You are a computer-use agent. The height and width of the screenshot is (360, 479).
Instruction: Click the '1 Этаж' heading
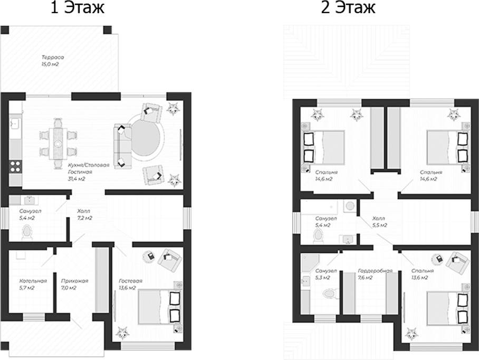point(78,7)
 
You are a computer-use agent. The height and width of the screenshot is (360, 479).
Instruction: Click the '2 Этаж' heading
point(348,7)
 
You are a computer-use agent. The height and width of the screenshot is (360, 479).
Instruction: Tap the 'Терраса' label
point(53,57)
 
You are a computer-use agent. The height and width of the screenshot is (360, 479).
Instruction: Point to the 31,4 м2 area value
point(76,179)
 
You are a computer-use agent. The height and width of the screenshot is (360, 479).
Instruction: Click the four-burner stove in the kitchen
point(15,167)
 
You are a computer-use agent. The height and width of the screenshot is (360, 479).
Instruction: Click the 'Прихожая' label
point(74,281)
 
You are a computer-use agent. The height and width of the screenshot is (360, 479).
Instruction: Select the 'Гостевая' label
point(131,281)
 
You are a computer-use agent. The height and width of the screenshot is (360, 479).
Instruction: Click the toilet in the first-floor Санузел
point(27,232)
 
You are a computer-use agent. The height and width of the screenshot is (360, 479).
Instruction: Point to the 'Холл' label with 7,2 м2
point(83,211)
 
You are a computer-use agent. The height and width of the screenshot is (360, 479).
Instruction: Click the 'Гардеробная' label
point(375,271)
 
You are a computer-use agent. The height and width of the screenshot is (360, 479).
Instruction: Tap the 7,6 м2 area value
point(365,278)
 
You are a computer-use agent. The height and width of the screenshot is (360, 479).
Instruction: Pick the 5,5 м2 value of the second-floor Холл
point(380,225)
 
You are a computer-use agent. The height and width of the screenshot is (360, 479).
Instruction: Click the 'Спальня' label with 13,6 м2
point(423,271)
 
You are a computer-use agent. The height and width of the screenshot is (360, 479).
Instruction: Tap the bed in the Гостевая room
point(159,307)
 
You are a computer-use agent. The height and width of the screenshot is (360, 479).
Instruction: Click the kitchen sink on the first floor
point(14,124)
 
